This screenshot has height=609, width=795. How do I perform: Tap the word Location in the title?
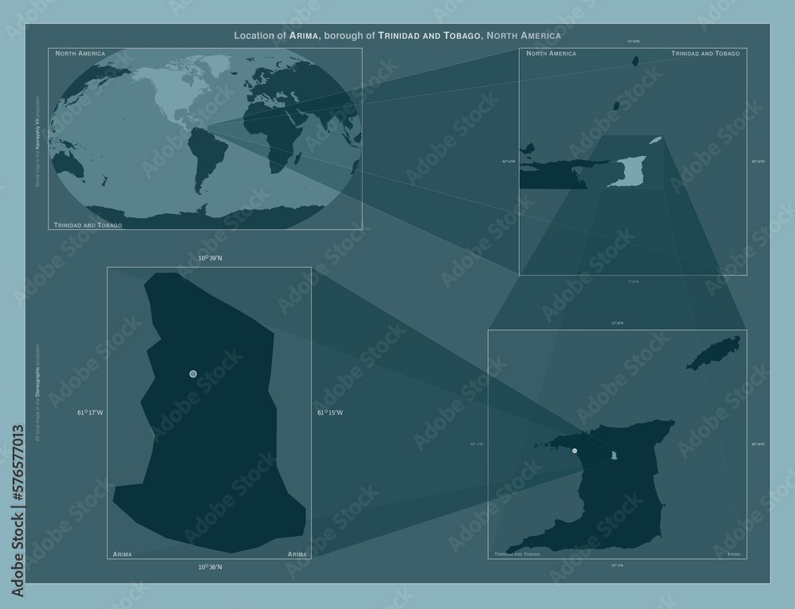(255, 36)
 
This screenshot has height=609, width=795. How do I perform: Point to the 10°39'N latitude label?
(210, 259)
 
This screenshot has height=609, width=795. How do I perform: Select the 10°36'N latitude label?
(210, 567)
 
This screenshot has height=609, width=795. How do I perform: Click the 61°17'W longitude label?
(90, 412)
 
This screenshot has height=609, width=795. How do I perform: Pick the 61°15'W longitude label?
(330, 412)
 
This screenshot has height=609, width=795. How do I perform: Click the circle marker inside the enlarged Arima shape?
(192, 373)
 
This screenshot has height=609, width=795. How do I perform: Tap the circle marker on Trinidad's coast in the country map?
(575, 451)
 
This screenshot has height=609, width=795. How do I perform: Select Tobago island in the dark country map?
(713, 353)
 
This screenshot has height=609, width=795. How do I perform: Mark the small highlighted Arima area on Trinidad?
(614, 455)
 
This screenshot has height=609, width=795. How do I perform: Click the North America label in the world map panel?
(80, 53)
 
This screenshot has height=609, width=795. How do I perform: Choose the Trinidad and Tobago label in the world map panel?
(88, 225)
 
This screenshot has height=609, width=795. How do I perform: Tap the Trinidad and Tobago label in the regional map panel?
(705, 53)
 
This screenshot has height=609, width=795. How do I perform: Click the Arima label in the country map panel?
(728, 553)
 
